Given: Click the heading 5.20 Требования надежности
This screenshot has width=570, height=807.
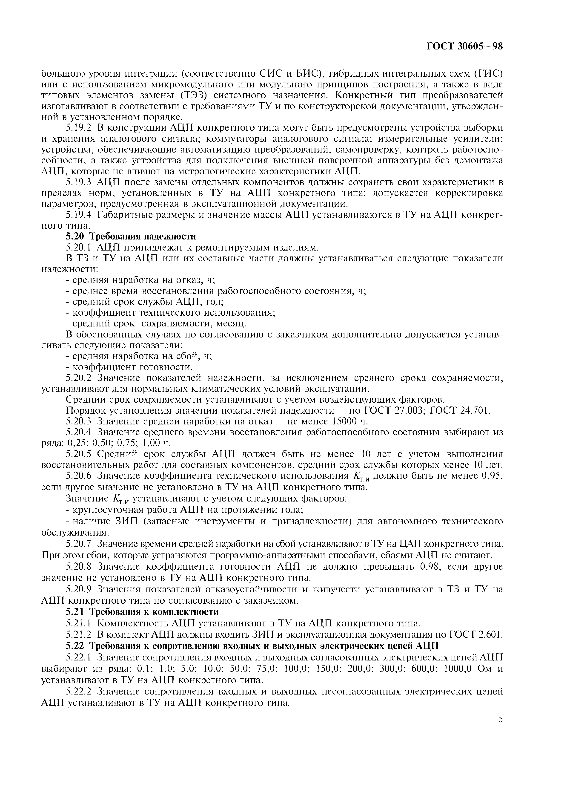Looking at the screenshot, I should coord(131,236).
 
